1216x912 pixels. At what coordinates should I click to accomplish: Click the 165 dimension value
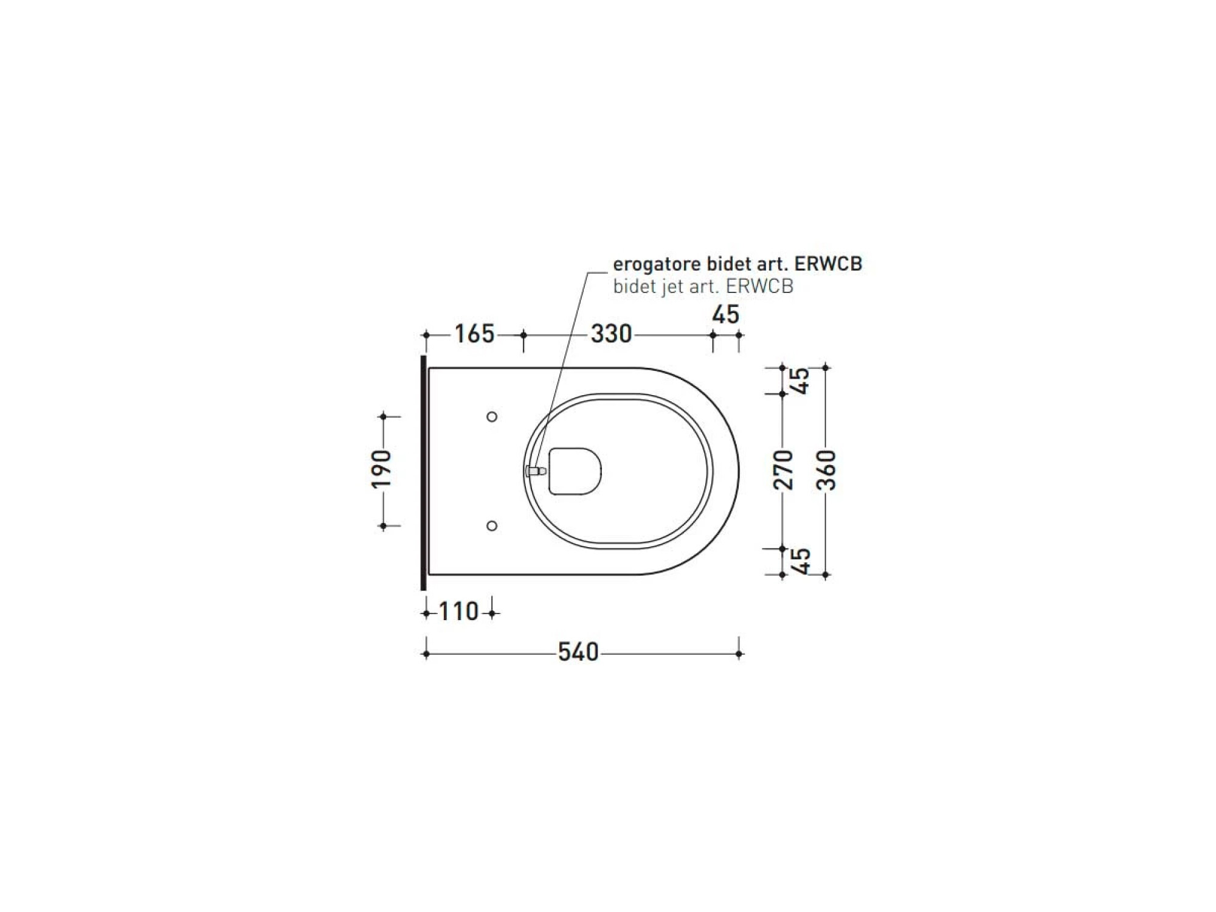[x=474, y=334]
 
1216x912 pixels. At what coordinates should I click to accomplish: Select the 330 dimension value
[x=611, y=334]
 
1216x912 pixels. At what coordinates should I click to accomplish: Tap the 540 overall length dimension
[x=578, y=652]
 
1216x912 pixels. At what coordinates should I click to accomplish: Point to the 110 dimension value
[x=459, y=612]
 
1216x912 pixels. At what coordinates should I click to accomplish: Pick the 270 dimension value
[x=783, y=469]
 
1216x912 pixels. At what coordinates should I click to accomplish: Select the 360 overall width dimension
[x=826, y=470]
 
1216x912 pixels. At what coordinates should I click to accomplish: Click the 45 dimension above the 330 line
[x=725, y=315]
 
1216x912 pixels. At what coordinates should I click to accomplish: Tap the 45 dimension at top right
[x=801, y=381]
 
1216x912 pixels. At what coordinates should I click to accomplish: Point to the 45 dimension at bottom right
[x=801, y=561]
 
